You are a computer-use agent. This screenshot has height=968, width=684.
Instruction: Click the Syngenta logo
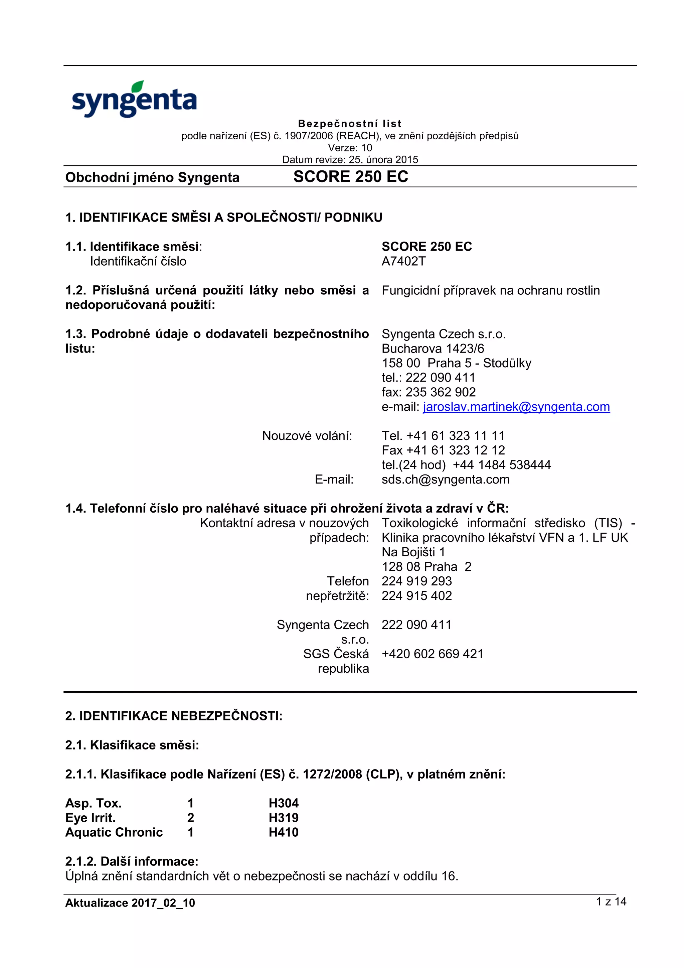click(134, 100)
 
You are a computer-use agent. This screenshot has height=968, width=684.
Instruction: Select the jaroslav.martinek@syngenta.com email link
click(516, 407)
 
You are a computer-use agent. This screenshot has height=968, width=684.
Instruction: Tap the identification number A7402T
click(403, 261)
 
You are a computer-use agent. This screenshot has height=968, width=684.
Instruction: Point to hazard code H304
click(283, 803)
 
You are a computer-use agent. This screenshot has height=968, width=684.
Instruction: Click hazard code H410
click(283, 832)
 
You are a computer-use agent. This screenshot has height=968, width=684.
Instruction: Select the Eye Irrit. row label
click(90, 818)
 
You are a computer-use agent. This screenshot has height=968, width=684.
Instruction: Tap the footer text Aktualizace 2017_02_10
click(130, 903)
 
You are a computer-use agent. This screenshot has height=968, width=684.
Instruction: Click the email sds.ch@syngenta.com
click(446, 479)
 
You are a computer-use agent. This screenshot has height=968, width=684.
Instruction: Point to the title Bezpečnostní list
click(349, 124)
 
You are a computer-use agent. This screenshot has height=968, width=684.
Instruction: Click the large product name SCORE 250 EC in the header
click(351, 177)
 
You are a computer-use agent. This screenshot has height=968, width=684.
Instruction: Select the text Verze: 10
click(350, 148)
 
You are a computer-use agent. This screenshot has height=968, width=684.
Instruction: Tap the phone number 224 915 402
click(416, 596)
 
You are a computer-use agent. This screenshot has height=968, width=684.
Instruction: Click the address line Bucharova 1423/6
click(433, 349)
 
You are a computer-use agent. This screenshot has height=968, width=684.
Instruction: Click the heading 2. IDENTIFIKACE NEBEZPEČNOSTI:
click(174, 716)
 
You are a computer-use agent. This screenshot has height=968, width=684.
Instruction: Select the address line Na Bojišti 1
click(413, 552)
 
